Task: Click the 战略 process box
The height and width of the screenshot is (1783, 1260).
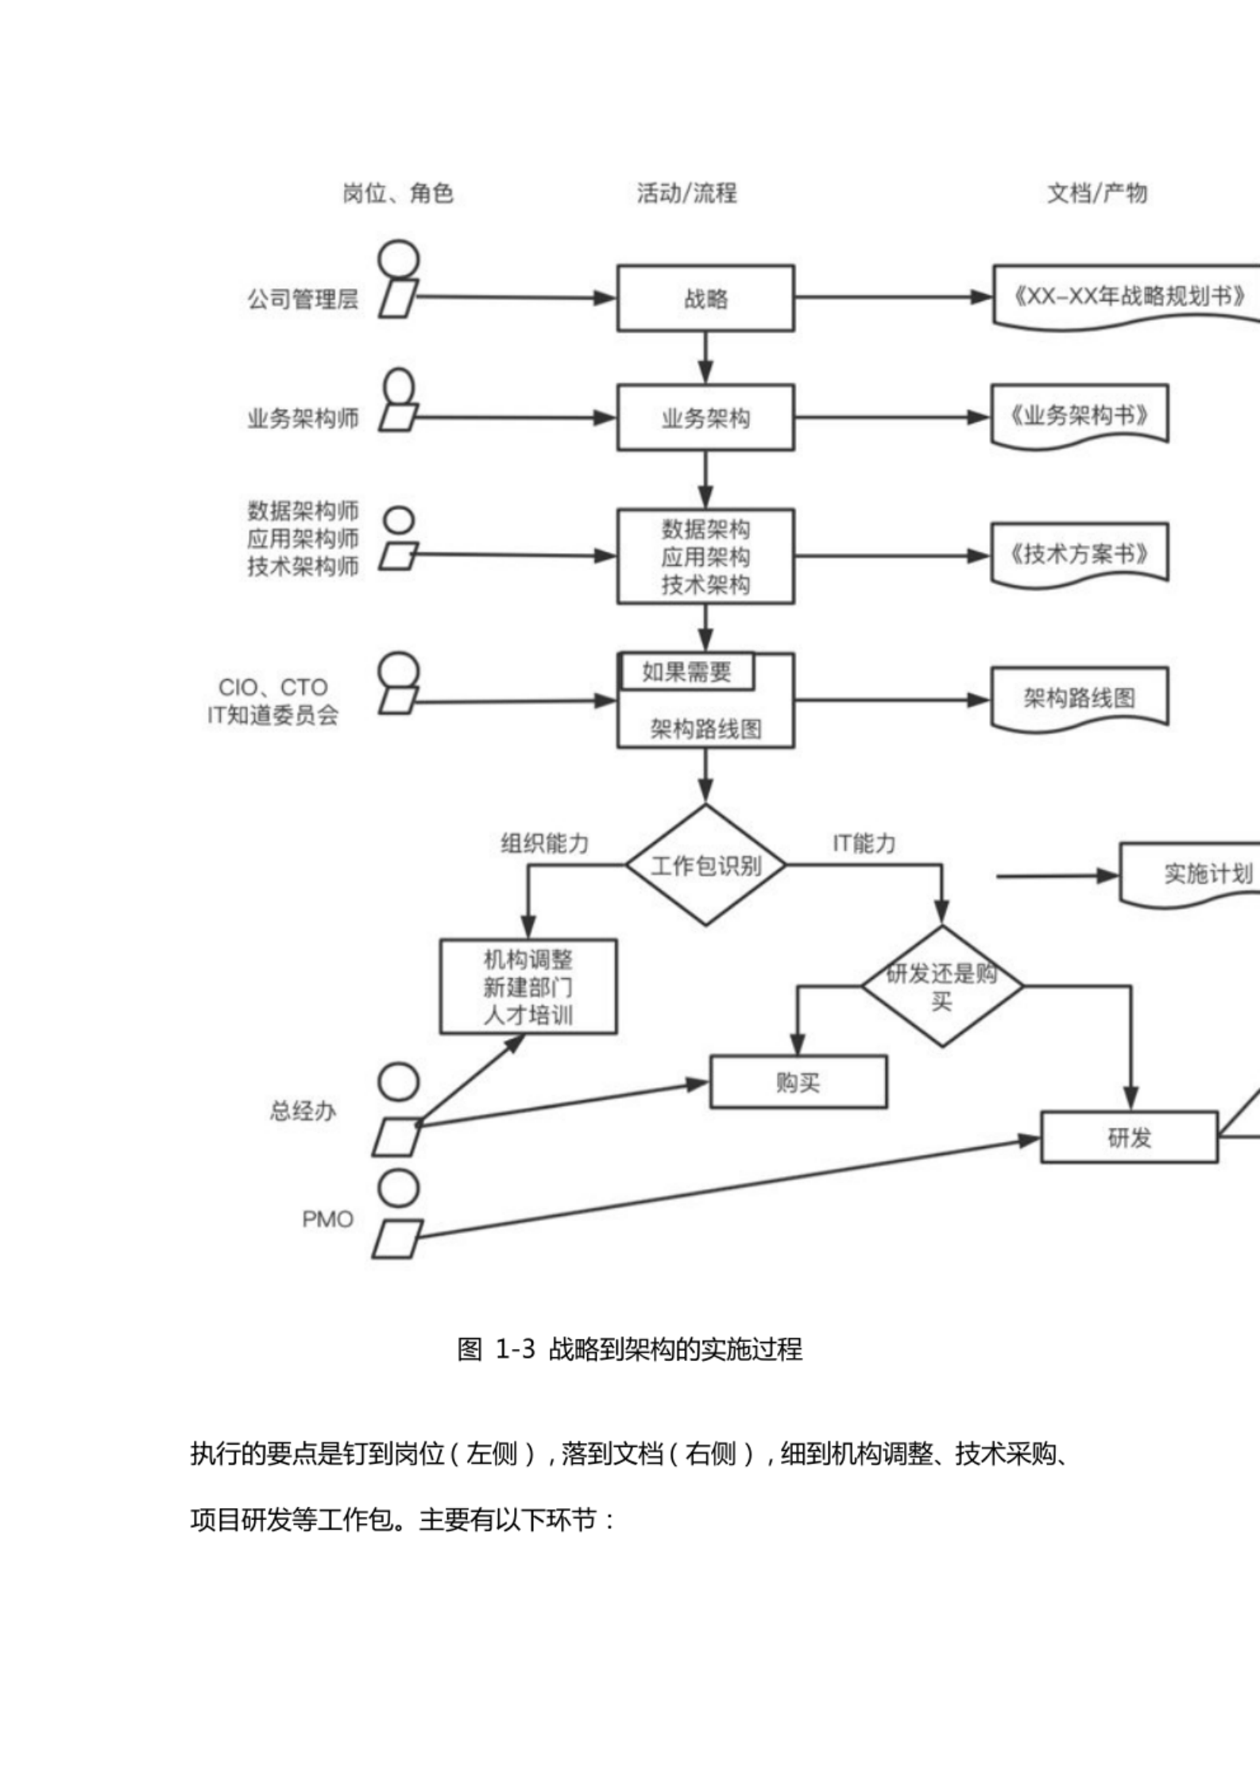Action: coord(705,298)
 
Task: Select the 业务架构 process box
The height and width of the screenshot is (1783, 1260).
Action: coord(705,418)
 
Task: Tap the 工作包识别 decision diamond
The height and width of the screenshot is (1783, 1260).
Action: coord(705,865)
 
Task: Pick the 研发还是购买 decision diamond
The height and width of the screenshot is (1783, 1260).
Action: coord(942,987)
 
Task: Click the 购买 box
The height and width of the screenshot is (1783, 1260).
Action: coord(798,1082)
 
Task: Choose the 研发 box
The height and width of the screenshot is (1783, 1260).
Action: coord(1129,1138)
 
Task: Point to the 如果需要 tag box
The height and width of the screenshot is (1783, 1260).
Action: coord(686,672)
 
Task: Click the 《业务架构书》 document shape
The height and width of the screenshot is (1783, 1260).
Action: coord(1079,416)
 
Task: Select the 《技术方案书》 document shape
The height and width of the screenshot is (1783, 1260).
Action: coord(1079,554)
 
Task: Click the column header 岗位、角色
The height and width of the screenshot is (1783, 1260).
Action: coord(398,193)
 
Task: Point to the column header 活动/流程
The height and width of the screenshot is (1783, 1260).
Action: coord(686,193)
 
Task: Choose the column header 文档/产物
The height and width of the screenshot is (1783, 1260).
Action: coord(1097,193)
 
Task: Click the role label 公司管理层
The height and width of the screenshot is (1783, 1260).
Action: coord(303,300)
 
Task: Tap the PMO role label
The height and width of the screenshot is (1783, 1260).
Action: coord(327,1220)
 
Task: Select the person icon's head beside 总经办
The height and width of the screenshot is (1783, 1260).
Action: coord(398,1082)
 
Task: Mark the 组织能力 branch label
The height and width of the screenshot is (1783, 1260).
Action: coord(544,843)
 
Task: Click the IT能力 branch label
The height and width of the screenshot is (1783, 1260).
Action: coord(864,843)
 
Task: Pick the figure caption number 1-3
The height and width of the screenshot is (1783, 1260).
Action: coord(516,1349)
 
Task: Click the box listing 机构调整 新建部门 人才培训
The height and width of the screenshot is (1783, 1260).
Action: coord(528,987)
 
